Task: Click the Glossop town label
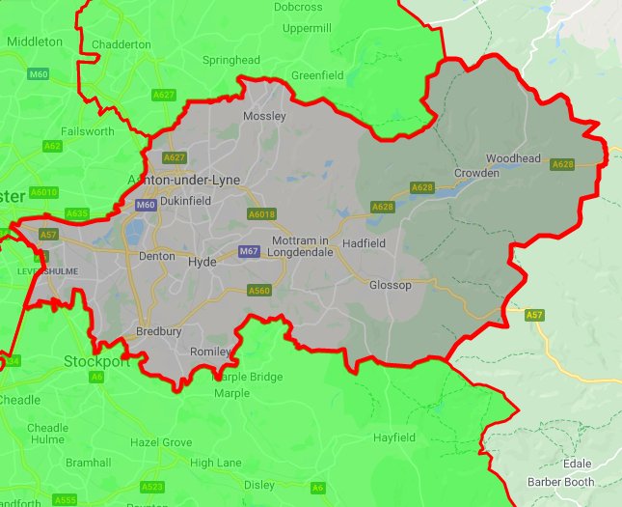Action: (x=391, y=286)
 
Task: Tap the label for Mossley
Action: (x=265, y=116)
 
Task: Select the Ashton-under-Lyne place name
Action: (x=184, y=181)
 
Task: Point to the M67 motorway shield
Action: (x=249, y=252)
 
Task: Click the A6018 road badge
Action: (x=261, y=214)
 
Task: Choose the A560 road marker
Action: (x=258, y=290)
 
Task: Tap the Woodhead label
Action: (x=513, y=158)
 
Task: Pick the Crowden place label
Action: (x=476, y=174)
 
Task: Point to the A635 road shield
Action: (x=77, y=213)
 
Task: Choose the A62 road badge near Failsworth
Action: (x=53, y=146)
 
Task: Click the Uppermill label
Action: (x=307, y=29)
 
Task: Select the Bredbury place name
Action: (x=158, y=331)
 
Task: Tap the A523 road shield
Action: (x=151, y=487)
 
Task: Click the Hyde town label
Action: (x=203, y=262)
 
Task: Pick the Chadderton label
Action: (x=122, y=44)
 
